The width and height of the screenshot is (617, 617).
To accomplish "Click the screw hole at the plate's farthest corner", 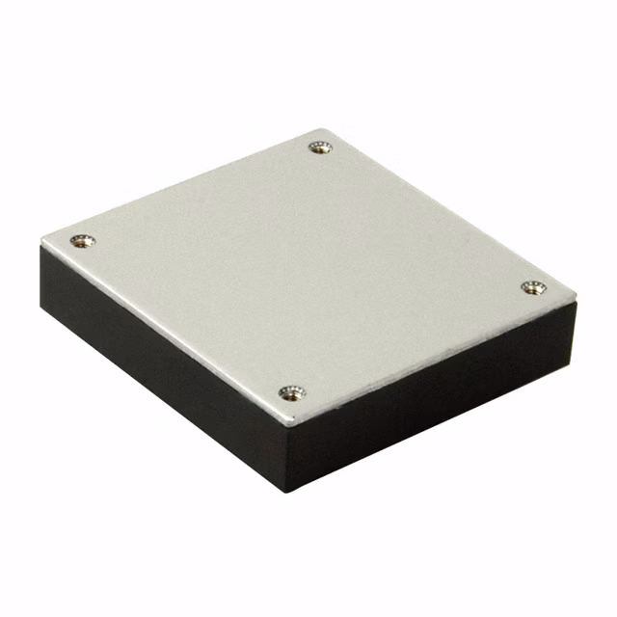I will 320,147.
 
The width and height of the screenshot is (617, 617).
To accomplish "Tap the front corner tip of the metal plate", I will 285,427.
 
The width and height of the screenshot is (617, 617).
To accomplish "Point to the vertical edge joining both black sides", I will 286,459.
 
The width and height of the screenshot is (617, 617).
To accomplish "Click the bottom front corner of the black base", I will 287,491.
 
